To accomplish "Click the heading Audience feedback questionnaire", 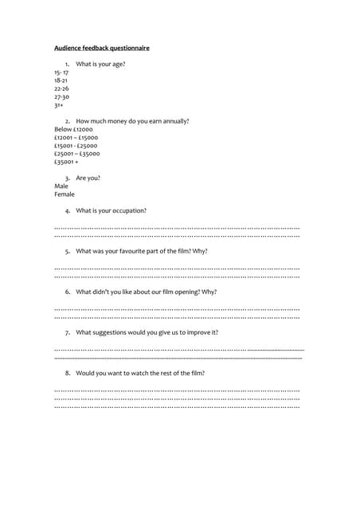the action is (101, 48).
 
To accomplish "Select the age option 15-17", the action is (61, 73).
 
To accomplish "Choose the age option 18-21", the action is (61, 80).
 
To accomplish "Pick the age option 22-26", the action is (61, 88).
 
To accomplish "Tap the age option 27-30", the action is (61, 96).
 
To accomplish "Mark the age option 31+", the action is (59, 104).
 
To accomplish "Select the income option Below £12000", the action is (73, 129).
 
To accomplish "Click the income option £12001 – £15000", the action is (76, 137).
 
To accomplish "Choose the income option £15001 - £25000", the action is (76, 145).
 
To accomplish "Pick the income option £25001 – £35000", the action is (76, 153).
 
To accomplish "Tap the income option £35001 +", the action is (66, 161).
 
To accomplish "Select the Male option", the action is (61, 186).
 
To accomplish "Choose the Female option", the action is (65, 194).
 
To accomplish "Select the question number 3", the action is (68, 178).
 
